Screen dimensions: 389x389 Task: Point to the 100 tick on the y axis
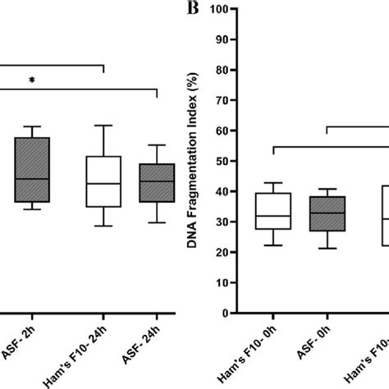219,10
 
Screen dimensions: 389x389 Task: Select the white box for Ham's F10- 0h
272,212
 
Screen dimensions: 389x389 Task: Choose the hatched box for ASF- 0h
325,214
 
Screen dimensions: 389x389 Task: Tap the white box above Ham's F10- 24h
103,181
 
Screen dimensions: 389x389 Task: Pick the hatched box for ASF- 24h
156,182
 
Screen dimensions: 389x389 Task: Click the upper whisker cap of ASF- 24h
156,145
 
